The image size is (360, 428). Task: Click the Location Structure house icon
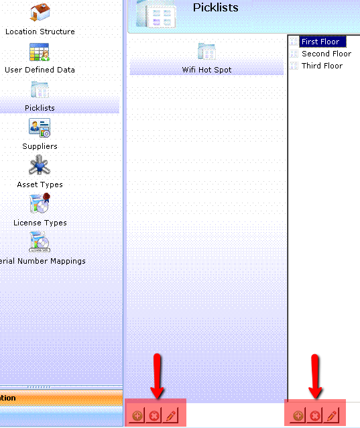(x=40, y=12)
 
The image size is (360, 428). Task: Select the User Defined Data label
(x=40, y=70)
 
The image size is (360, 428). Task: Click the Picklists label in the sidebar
(x=40, y=108)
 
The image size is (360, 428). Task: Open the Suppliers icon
(x=40, y=127)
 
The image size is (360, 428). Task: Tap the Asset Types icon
(x=40, y=165)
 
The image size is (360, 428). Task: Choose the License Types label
(x=40, y=223)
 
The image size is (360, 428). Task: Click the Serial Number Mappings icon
(x=40, y=242)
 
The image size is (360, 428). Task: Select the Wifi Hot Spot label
(x=206, y=70)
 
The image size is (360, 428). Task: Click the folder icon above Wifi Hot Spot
(x=206, y=51)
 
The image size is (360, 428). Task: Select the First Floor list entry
(x=320, y=42)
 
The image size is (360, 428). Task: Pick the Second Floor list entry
(x=326, y=54)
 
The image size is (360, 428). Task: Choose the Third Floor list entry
(x=322, y=66)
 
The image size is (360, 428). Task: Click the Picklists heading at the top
(x=216, y=7)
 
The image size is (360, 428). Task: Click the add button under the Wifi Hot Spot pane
(x=137, y=416)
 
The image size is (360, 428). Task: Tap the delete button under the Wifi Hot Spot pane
(x=154, y=416)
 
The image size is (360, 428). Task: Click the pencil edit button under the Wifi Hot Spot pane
(x=171, y=416)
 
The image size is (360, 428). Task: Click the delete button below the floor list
(x=314, y=416)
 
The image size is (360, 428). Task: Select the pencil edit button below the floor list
(x=332, y=416)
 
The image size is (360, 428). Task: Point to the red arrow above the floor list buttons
(x=315, y=376)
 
